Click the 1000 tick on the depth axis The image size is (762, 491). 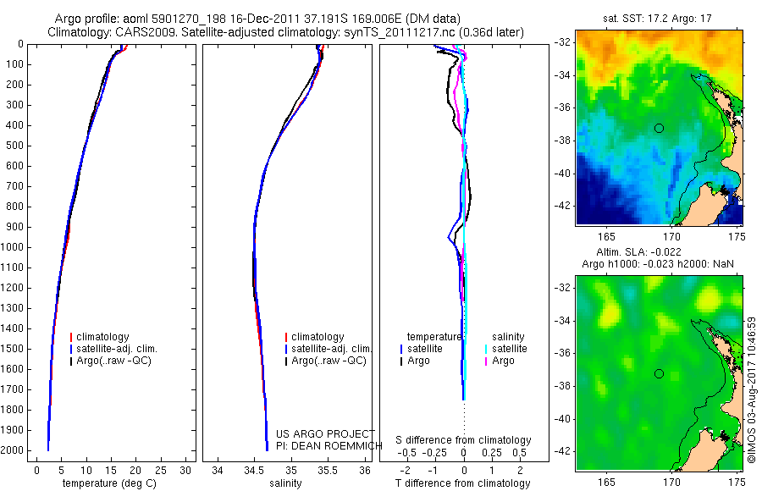click(15, 247)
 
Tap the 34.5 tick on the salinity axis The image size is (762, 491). click(254, 469)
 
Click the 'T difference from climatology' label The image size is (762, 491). click(462, 483)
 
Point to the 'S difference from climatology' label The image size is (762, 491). click(463, 440)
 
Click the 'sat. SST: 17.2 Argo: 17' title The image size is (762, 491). click(660, 17)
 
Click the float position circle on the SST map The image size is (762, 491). click(659, 128)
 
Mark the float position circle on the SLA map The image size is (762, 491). click(659, 373)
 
